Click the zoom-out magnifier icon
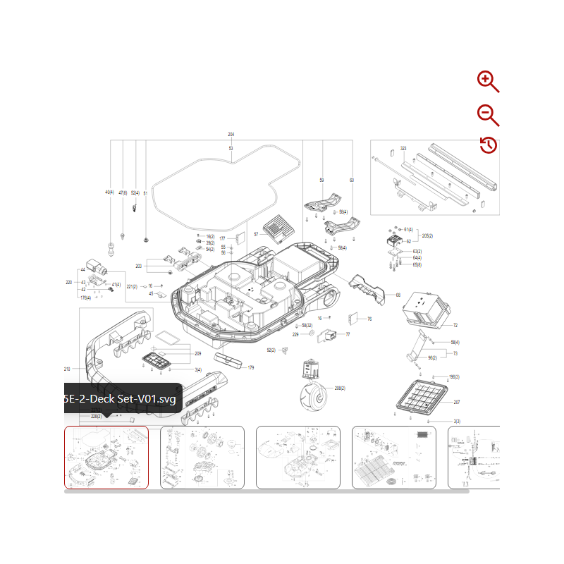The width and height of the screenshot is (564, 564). coord(487,114)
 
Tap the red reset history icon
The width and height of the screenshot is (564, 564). coord(488,145)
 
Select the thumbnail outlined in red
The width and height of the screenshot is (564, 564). coord(106,457)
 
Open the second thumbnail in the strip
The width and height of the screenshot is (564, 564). coord(202,457)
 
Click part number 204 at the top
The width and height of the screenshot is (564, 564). coord(231,134)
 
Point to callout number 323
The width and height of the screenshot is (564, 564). coord(403,149)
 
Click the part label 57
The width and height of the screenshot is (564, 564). coord(256,234)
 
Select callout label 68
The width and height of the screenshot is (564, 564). coord(398,295)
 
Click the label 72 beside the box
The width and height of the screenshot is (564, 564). coord(455,325)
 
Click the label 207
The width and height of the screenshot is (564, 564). coord(456,402)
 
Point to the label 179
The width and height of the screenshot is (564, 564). coord(250,367)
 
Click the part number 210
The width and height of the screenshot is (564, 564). coord(67,369)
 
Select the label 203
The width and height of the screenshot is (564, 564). coord(139,266)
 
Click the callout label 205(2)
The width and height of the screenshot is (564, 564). coord(427,235)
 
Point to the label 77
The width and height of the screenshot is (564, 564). coord(347,334)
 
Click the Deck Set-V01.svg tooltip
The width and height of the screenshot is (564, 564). coord(119,399)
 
